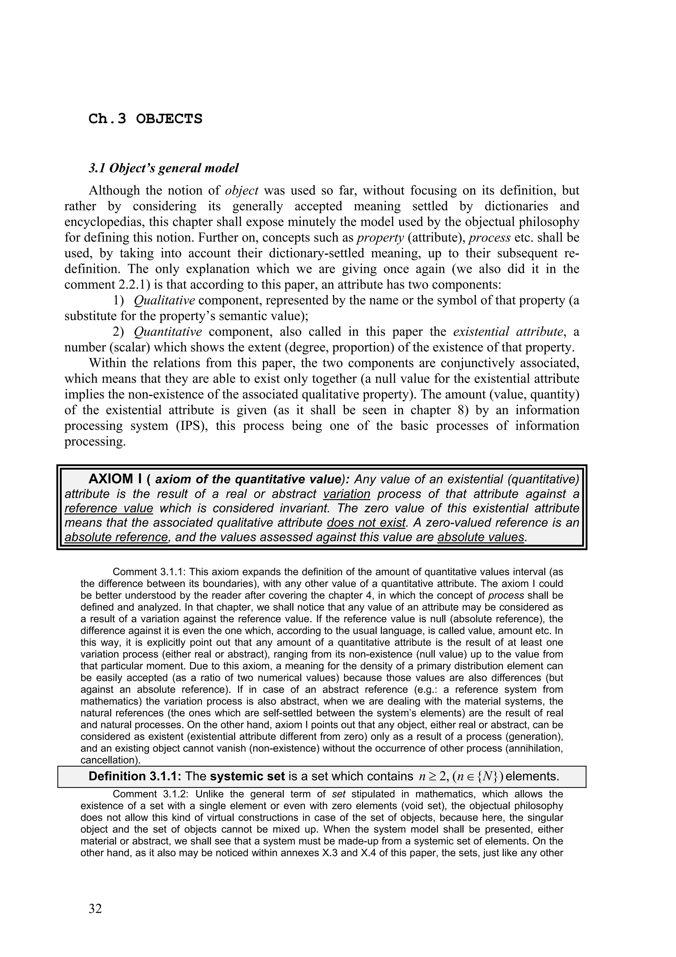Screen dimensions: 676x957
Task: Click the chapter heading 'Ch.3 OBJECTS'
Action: [x=145, y=119]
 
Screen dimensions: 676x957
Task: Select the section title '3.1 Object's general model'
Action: [x=164, y=168]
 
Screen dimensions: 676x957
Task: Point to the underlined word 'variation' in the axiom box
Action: [x=347, y=494]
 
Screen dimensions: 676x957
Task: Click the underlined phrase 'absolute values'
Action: [x=481, y=537]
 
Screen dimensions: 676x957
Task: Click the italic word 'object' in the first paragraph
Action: [x=242, y=191]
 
